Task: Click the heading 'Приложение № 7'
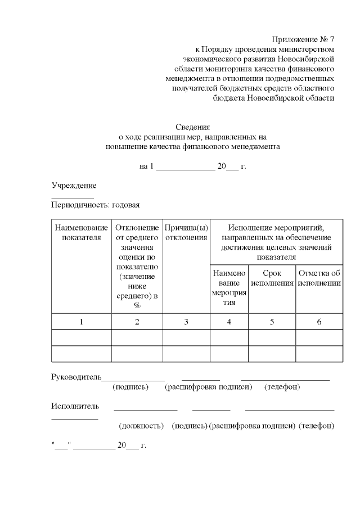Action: click(303, 39)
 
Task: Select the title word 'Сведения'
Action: click(192, 127)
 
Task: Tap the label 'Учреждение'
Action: click(74, 186)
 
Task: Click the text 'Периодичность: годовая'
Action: click(95, 205)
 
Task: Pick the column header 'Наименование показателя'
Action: click(81, 232)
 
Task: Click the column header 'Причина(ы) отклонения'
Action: click(186, 232)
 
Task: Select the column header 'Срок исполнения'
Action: click(272, 278)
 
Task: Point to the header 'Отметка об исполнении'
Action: click(319, 278)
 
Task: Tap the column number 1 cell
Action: click(81, 322)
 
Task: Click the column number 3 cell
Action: click(186, 322)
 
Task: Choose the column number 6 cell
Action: click(319, 322)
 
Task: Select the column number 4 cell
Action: click(229, 322)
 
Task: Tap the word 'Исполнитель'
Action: click(75, 406)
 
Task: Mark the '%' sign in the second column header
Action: click(137, 305)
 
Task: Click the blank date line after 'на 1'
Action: click(185, 167)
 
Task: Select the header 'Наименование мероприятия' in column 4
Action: click(229, 287)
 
